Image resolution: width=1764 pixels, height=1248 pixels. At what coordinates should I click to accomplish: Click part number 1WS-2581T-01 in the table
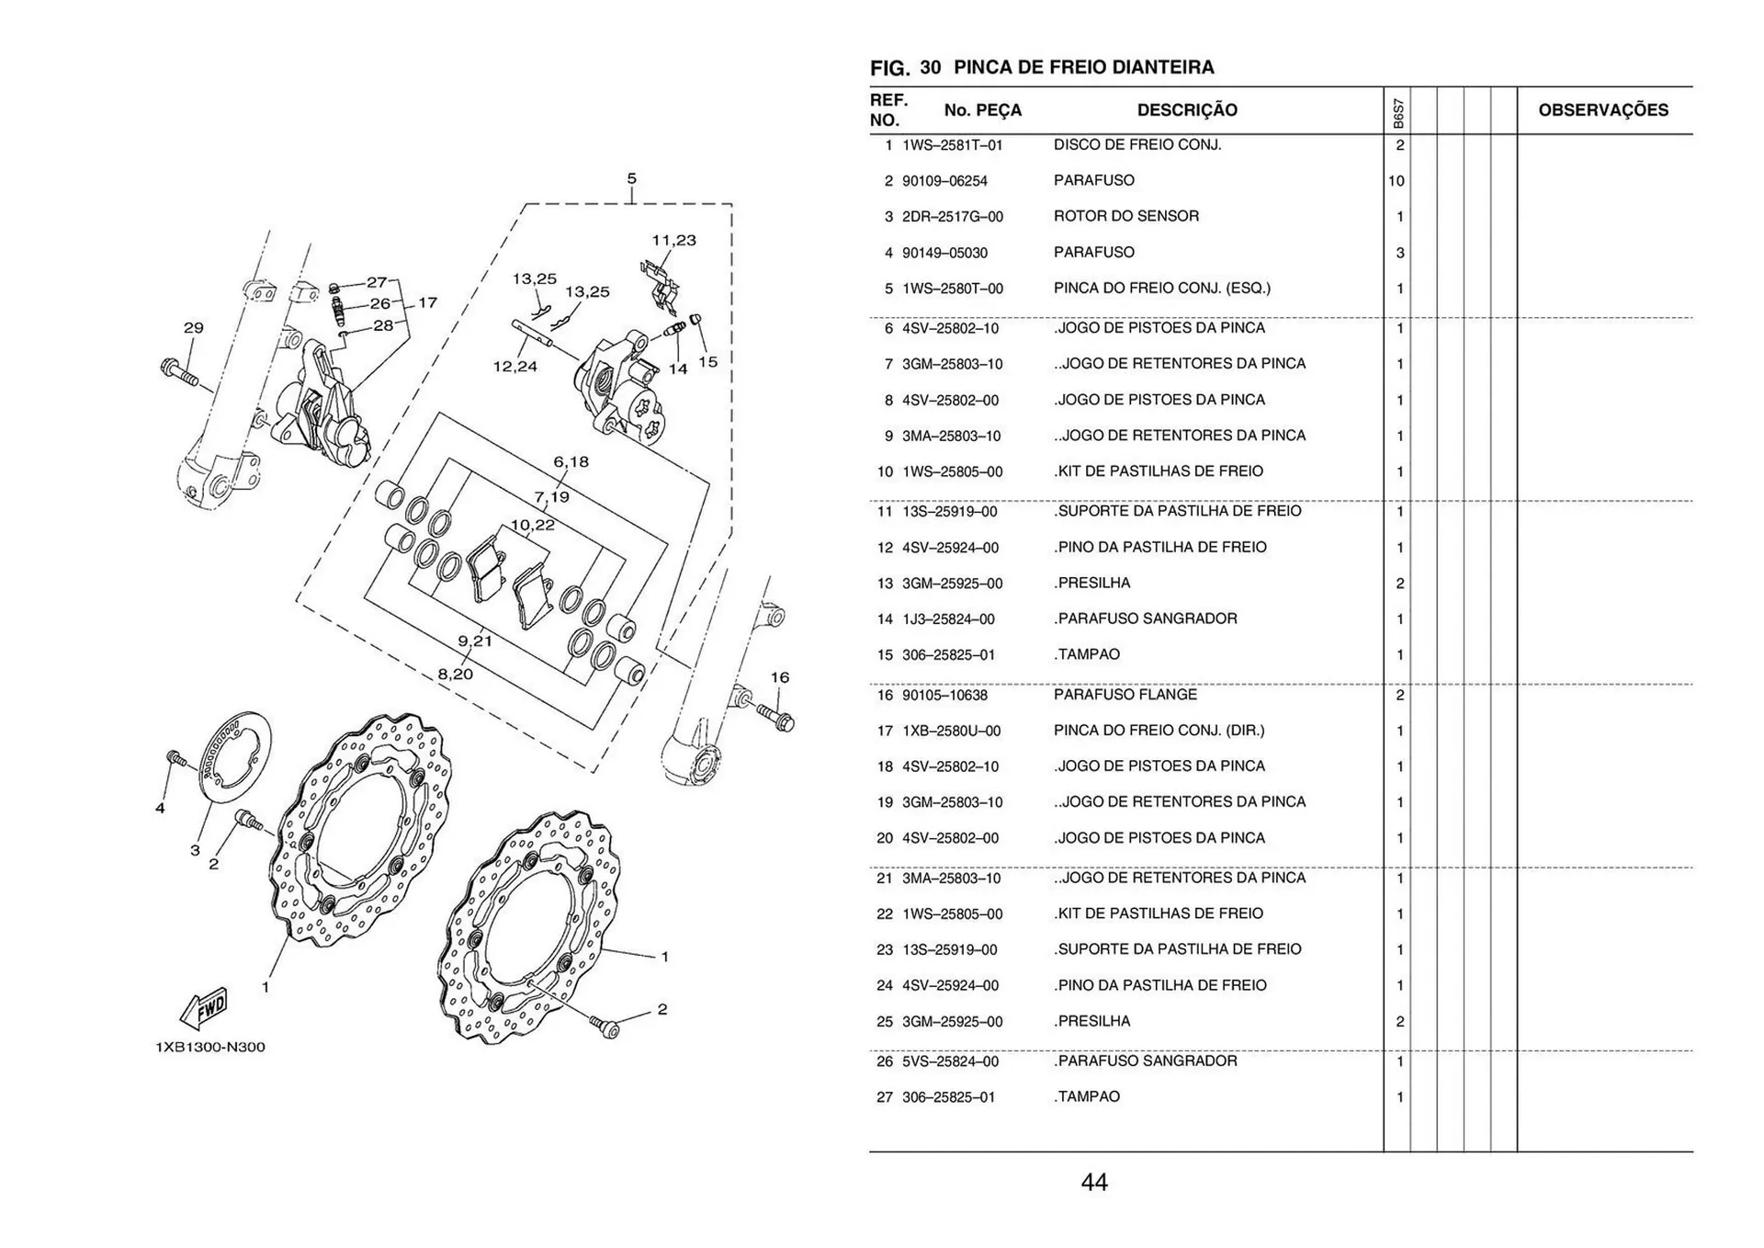click(x=952, y=145)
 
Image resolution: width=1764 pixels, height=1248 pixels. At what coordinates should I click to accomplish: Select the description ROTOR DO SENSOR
click(x=1125, y=216)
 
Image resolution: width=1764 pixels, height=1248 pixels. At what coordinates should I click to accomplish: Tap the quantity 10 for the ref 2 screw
click(x=1396, y=181)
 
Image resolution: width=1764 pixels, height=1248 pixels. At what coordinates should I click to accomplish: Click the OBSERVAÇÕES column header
click(x=1603, y=110)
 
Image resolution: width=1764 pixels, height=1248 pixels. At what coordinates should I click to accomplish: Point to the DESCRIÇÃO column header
click(x=1187, y=110)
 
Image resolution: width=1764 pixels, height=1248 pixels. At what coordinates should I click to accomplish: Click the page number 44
click(x=1094, y=1183)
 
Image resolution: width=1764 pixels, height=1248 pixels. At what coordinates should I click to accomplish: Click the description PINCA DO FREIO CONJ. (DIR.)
click(x=1159, y=731)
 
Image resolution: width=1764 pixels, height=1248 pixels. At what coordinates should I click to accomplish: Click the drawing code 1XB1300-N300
click(x=210, y=1047)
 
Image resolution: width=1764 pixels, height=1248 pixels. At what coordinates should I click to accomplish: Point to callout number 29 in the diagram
click(x=193, y=328)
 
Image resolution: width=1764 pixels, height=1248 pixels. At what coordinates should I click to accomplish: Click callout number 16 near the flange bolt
click(x=779, y=677)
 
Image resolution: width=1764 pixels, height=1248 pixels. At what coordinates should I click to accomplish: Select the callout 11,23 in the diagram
click(x=674, y=241)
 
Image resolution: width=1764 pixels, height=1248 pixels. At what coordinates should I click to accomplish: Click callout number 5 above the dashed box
click(x=631, y=179)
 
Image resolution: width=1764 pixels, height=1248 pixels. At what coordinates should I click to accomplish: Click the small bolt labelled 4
click(x=175, y=759)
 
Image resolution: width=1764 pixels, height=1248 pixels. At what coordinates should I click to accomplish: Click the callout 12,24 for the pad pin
click(x=514, y=367)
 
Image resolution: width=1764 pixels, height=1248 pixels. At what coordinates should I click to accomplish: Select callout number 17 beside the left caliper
click(x=428, y=302)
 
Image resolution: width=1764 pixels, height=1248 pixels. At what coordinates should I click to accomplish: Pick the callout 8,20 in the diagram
click(x=455, y=675)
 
